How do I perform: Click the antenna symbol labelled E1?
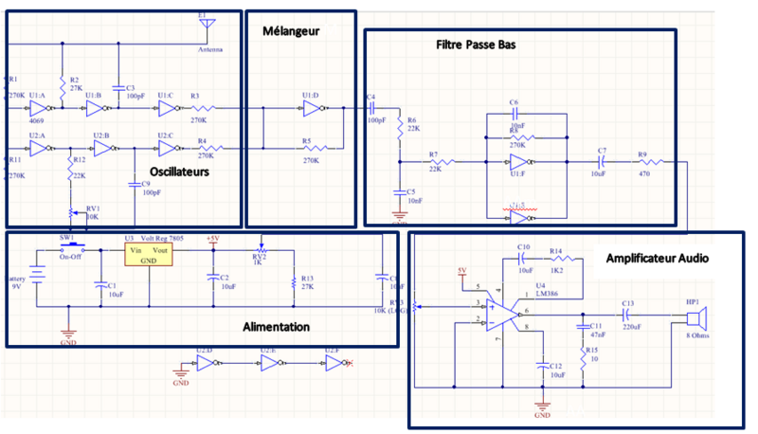point(209,28)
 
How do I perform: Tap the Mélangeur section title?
point(292,30)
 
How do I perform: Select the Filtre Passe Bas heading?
point(476,45)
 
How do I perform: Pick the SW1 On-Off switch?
point(68,248)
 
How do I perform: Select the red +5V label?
point(212,238)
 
